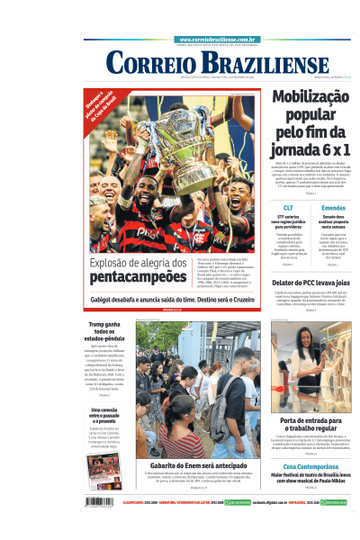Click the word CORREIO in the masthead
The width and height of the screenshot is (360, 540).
click(x=148, y=63)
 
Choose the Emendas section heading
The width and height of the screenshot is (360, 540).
click(x=333, y=208)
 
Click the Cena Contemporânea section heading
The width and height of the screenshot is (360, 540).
click(x=310, y=466)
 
